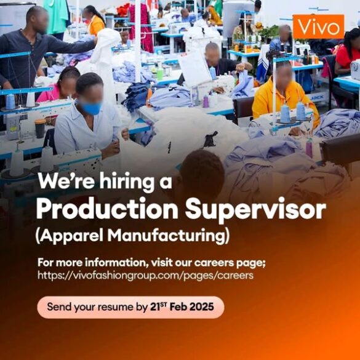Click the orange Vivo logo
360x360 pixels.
click(318, 26)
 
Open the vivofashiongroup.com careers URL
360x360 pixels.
click(146, 275)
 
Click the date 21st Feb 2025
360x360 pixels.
click(182, 306)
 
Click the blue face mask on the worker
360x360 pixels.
click(91, 107)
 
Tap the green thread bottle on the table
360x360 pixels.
click(160, 73)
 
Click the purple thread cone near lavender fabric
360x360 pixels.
click(310, 148)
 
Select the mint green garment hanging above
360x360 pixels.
click(56, 16)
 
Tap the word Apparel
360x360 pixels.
click(70, 236)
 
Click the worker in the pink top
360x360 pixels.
click(60, 85)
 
